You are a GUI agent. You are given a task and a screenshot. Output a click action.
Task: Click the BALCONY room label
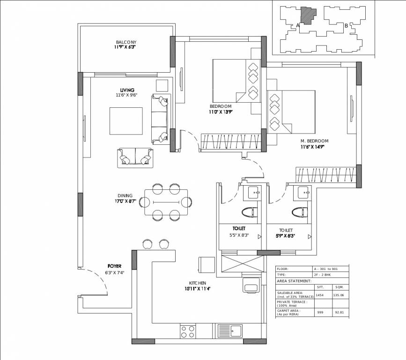[125, 42]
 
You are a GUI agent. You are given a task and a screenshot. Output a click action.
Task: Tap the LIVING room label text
[127, 90]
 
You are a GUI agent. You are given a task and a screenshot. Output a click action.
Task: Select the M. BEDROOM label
[314, 141]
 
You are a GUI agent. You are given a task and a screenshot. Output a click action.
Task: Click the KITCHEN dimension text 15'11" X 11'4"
[198, 289]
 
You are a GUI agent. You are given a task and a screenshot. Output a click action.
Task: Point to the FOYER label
[114, 266]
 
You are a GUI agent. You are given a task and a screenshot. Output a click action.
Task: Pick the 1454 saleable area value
[320, 295]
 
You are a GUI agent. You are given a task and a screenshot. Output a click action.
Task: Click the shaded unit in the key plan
[308, 15]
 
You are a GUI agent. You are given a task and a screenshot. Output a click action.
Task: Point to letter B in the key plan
[346, 26]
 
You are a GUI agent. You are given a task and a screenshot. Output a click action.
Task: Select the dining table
[166, 202]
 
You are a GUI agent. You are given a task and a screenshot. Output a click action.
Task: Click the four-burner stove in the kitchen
[188, 331]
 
